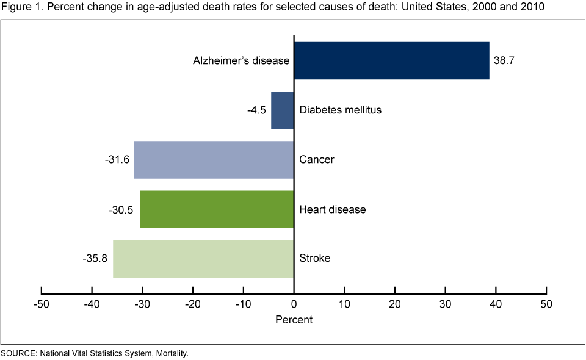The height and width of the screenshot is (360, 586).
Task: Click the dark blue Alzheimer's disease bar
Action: click(391, 60)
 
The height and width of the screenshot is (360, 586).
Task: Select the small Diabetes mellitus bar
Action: click(283, 110)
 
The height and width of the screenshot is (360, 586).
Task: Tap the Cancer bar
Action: click(214, 160)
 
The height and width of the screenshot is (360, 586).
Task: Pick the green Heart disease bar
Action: click(217, 209)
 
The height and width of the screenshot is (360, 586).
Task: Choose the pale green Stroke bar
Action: click(203, 259)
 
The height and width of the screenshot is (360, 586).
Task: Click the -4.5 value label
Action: click(256, 110)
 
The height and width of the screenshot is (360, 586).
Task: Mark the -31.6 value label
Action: click(117, 160)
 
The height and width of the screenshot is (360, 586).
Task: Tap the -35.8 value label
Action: click(95, 259)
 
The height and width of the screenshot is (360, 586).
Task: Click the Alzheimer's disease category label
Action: click(241, 61)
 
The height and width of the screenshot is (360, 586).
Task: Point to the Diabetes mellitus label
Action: click(340, 110)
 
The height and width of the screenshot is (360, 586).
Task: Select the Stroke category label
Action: click(314, 259)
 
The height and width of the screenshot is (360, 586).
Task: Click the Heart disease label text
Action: click(333, 209)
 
